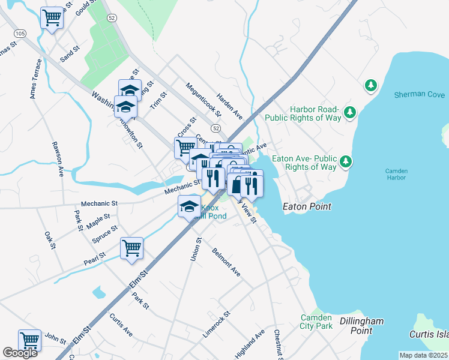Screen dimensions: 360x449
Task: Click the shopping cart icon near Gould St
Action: pyautogui.click(x=52, y=18)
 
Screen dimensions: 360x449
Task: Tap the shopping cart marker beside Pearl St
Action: pyautogui.click(x=131, y=248)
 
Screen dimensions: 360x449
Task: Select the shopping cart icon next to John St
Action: pyautogui.click(x=29, y=340)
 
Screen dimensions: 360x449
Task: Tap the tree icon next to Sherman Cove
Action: pyautogui.click(x=371, y=86)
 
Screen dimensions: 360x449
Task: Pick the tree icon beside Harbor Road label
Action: pyautogui.click(x=350, y=112)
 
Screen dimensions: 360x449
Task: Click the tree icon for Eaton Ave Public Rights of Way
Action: pyautogui.click(x=345, y=161)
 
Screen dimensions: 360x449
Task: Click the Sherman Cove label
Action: pyautogui.click(x=420, y=95)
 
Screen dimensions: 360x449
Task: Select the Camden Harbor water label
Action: pyautogui.click(x=396, y=175)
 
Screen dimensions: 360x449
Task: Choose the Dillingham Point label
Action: pyautogui.click(x=361, y=326)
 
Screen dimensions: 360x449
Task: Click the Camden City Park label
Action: pyautogui.click(x=316, y=322)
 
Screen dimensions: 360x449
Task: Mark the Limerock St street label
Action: pyautogui.click(x=217, y=324)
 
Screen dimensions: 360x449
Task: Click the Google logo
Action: pyautogui.click(x=20, y=353)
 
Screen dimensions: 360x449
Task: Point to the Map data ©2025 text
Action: pyautogui.click(x=423, y=355)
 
